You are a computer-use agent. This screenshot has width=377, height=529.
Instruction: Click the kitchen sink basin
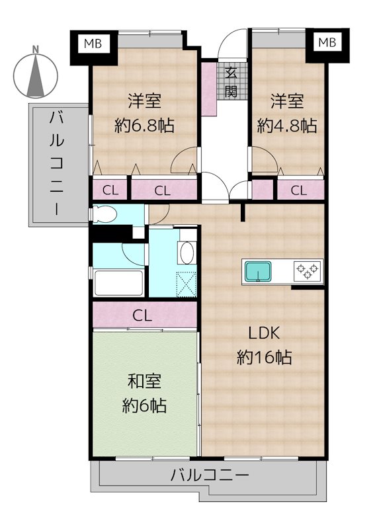click(258, 271)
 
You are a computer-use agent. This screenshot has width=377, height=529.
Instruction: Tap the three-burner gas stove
click(308, 271)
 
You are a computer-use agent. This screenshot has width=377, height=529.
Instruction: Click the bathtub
click(118, 283)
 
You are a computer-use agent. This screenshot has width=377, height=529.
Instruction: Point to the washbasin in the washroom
click(187, 253)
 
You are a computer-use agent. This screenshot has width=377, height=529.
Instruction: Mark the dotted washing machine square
click(187, 284)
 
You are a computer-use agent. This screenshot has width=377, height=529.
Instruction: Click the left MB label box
click(93, 44)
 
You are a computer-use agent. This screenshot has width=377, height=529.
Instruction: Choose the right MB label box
click(327, 42)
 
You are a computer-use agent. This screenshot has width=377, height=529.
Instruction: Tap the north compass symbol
click(36, 73)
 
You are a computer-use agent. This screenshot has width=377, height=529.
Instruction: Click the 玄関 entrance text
click(231, 82)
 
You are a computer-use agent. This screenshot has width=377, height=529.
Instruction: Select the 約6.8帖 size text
click(144, 126)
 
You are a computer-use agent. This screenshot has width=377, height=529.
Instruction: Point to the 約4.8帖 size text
click(287, 126)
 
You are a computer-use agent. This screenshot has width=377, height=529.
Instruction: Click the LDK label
click(264, 333)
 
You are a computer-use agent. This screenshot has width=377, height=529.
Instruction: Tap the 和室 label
click(144, 382)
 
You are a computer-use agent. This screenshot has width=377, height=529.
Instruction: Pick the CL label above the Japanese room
click(142, 316)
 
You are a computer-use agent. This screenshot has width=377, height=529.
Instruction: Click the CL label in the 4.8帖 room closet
click(299, 190)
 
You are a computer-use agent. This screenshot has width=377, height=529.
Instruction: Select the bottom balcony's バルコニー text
click(210, 475)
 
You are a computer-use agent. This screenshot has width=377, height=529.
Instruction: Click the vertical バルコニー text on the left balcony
click(56, 163)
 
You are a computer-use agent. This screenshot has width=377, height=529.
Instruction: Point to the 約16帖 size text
click(265, 357)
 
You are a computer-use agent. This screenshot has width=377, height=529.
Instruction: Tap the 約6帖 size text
click(144, 405)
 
